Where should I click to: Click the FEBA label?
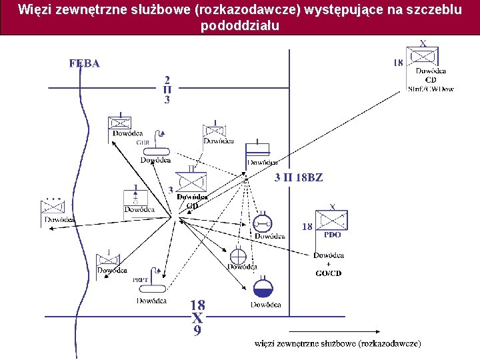coord(85,64)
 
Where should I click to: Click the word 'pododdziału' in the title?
coord(239,27)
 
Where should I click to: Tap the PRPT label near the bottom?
coord(140,279)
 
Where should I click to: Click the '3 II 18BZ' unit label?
coord(299,178)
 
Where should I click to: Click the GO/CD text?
coord(328,273)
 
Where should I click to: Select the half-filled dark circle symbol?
coord(263,288)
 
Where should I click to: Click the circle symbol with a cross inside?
coord(239,255)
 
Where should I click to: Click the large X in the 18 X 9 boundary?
coord(197,318)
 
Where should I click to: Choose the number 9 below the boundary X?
coord(197,330)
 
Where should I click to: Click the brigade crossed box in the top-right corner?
coord(424,57)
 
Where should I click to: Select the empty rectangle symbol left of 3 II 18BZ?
coord(258,150)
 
